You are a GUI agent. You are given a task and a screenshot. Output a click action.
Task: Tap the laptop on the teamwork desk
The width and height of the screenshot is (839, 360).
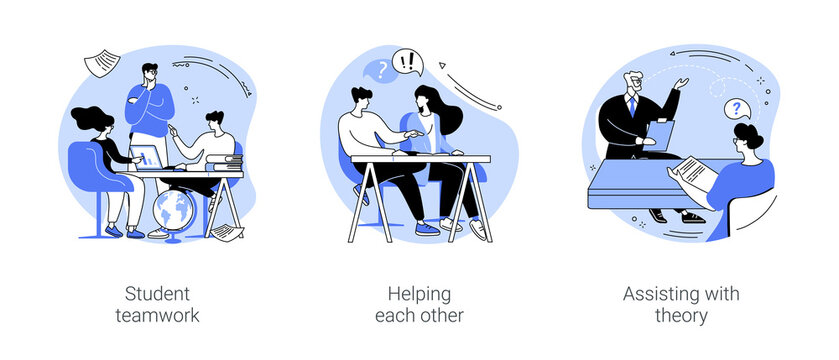[147, 158]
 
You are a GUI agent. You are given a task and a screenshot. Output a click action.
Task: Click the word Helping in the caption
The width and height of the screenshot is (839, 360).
[420, 294]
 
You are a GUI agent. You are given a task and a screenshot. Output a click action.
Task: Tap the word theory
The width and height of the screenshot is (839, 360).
[680, 316]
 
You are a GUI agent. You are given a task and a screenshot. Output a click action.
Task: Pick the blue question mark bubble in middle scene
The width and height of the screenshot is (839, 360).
[379, 71]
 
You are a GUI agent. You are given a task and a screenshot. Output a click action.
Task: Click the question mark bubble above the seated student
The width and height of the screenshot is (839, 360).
[738, 108]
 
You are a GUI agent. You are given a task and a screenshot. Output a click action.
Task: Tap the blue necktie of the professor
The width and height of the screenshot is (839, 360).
[632, 107]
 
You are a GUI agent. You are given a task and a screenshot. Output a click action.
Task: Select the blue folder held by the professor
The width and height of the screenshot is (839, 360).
[661, 133]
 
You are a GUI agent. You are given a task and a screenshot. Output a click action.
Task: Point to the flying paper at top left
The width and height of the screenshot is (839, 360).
[100, 64]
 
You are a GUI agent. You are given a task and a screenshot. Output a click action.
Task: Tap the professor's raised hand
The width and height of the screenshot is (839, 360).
[682, 84]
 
